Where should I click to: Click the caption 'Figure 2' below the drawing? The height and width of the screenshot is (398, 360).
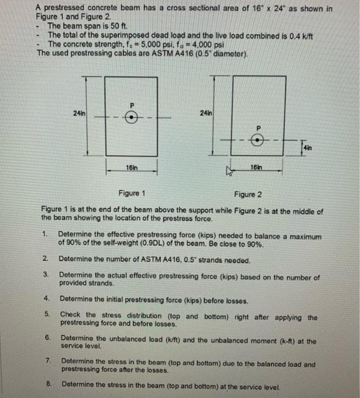coord(249,194)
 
